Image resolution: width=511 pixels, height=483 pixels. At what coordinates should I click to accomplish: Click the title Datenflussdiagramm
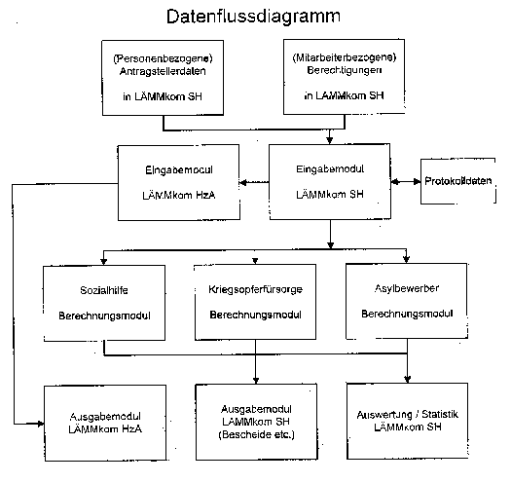point(253,17)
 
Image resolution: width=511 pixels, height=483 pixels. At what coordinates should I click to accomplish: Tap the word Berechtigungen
point(345,70)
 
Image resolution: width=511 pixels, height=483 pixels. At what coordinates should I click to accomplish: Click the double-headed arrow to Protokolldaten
point(406,182)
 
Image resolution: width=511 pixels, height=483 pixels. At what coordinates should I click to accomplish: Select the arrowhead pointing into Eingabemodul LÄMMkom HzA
point(243,182)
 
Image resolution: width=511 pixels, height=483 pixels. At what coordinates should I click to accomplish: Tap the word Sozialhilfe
point(104,290)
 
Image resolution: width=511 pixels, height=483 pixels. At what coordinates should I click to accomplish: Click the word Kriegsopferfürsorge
point(255,289)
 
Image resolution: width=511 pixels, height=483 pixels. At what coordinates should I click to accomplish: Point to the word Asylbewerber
point(407,288)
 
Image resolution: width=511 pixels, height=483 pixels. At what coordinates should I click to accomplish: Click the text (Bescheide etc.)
point(257,434)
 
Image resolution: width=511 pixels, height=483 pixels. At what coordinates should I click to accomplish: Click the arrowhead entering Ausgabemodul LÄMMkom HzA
point(41,424)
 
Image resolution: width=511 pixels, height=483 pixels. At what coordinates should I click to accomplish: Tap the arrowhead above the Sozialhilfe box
point(103,261)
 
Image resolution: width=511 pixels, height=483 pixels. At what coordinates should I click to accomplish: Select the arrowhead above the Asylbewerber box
point(406,259)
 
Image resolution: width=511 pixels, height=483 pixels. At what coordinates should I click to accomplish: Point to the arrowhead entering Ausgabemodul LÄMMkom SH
point(256,381)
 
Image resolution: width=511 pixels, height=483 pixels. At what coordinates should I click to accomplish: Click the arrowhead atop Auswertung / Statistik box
point(408,379)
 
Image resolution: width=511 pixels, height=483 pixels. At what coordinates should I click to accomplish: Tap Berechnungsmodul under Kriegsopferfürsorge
point(255,315)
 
